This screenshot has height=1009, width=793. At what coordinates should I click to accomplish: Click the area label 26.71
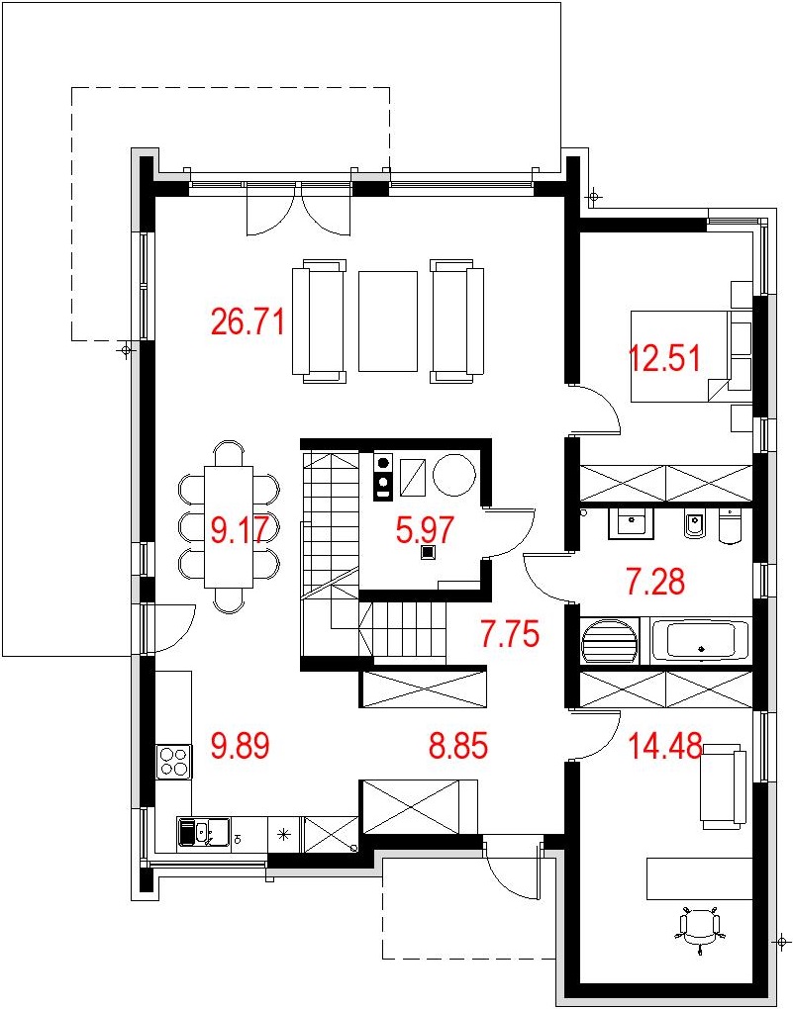pos(248,321)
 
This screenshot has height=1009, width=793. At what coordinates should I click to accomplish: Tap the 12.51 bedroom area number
pos(664,358)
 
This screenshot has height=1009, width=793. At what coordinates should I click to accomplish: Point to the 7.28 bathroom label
pos(655,581)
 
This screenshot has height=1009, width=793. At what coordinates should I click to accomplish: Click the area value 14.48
pos(665,747)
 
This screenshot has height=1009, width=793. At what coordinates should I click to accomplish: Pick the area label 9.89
pos(241,747)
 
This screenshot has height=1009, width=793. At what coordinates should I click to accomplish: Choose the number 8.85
pos(458,747)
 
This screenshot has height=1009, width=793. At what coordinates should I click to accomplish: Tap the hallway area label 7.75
pos(509,634)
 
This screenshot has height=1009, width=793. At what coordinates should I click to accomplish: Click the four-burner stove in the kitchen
pos(174,762)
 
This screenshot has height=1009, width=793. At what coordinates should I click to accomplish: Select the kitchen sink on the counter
pos(203,834)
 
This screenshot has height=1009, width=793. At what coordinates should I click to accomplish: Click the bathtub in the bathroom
pos(700,640)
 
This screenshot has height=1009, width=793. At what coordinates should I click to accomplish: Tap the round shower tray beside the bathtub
pos(610,641)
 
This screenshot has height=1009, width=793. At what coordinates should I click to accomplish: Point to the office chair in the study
pos(700,924)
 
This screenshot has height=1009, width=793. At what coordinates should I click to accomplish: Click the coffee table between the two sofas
pos(388,321)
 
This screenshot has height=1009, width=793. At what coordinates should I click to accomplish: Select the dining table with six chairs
pos(229,526)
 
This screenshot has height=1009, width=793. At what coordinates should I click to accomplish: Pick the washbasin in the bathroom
pos(632,522)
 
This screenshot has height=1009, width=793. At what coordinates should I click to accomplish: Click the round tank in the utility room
pos(454,475)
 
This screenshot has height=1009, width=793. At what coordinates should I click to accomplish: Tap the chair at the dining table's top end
pos(229,452)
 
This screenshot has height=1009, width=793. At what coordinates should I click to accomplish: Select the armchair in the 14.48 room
pos(723,785)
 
